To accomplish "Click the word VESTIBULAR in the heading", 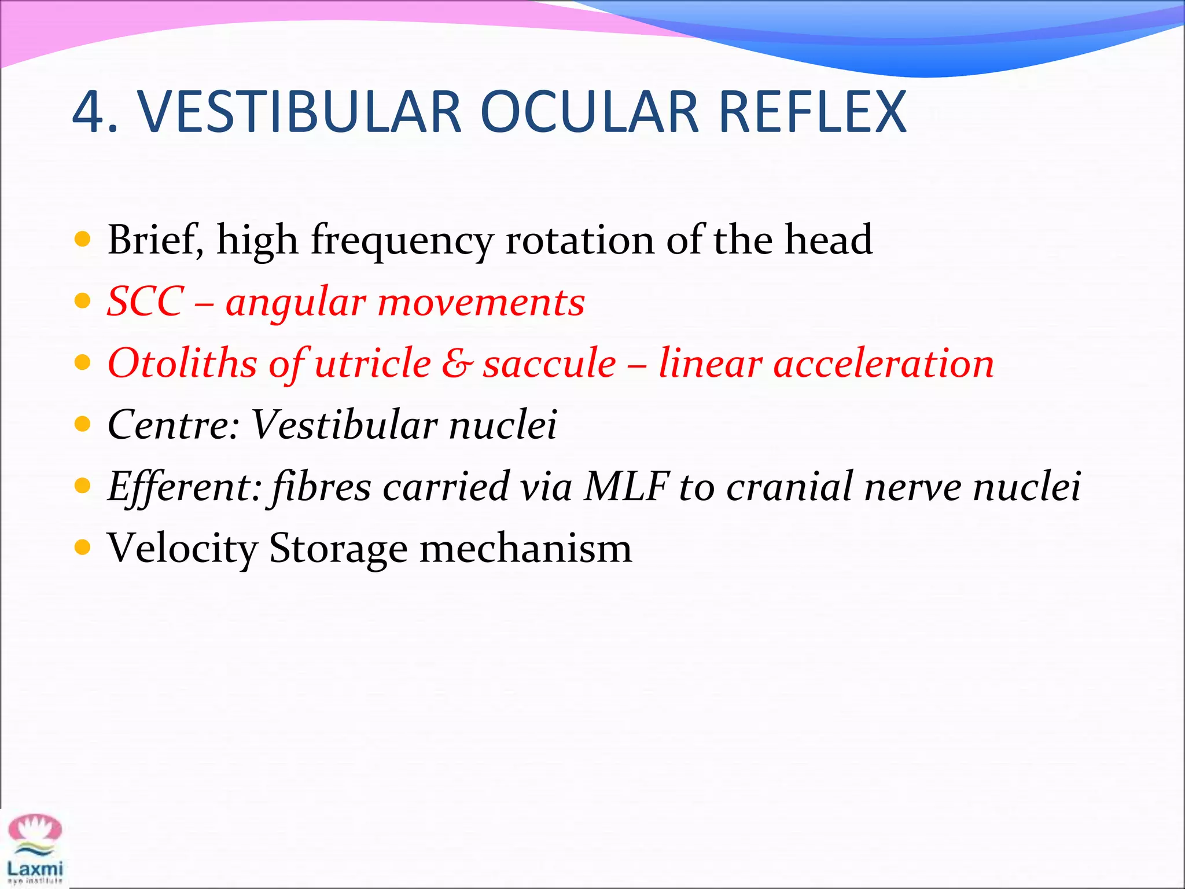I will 300,112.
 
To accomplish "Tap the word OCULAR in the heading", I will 590,112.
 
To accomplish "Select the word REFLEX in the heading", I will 812,112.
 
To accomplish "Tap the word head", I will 828,240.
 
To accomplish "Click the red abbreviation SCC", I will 146,302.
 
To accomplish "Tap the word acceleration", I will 884,363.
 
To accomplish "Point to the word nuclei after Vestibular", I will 503,425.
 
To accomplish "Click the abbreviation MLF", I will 627,486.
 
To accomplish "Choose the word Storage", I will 338,548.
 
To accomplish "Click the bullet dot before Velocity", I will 83,547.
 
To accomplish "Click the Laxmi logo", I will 35,848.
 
